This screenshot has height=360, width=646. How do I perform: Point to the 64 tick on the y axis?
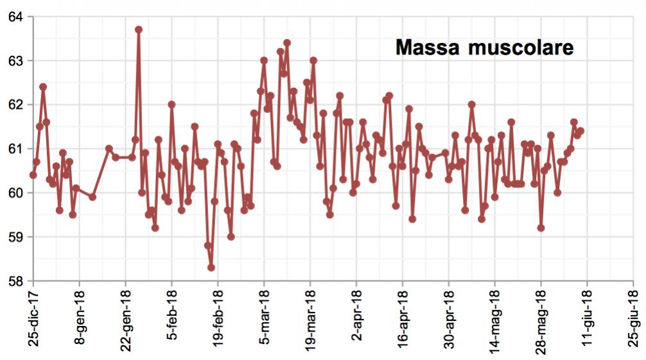15,17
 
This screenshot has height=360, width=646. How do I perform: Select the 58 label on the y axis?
15,280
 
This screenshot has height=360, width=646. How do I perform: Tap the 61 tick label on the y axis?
15,148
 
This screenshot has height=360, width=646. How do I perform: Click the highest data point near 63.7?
139,30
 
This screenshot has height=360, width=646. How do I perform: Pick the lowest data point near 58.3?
211,268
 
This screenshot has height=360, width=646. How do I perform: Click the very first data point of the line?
33,175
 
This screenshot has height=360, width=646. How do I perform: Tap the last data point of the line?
581,131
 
